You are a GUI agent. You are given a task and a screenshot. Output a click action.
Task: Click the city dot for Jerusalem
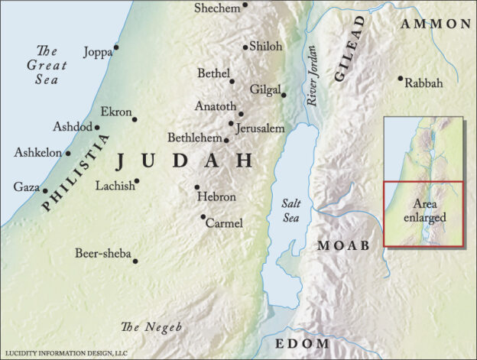point(231,123)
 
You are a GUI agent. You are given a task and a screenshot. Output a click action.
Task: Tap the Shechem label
point(216,8)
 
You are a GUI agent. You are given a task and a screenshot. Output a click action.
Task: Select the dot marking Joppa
point(116,47)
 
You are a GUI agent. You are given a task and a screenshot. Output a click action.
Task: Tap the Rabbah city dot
point(400,78)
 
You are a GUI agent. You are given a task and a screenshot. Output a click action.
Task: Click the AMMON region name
point(435,24)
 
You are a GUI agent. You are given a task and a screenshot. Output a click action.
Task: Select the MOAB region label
point(343,245)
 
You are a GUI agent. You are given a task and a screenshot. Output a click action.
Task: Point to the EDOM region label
point(302,343)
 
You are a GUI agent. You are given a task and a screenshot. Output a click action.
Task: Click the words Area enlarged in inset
point(424,211)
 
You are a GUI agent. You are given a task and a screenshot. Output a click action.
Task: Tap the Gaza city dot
point(45,191)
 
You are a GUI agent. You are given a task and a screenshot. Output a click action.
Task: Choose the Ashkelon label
point(37,153)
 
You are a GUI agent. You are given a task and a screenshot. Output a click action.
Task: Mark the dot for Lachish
point(137,181)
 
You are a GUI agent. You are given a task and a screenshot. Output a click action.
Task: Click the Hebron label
point(216,197)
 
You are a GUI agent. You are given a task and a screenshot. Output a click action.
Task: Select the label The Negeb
point(152,327)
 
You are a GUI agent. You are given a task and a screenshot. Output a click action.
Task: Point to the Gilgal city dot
point(284,96)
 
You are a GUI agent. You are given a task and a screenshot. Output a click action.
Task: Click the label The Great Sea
point(47,65)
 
